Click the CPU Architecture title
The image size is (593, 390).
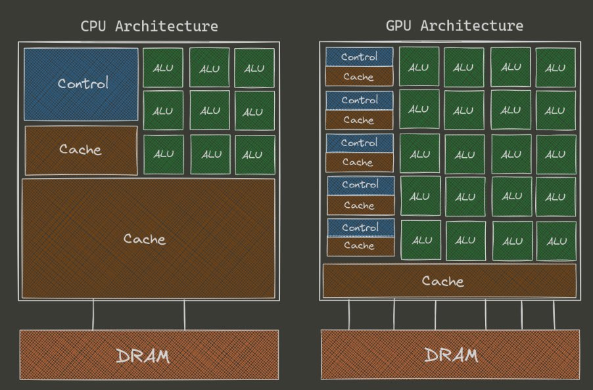pyautogui.click(x=149, y=26)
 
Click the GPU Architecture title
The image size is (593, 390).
pyautogui.click(x=454, y=26)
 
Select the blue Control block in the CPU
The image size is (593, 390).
pyautogui.click(x=82, y=84)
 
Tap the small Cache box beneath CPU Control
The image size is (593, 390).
pyautogui.click(x=81, y=150)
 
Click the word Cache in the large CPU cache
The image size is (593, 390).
pyautogui.click(x=145, y=239)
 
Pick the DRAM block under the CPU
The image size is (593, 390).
pyautogui.click(x=149, y=356)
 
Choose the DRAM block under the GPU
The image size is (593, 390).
pyautogui.click(x=450, y=356)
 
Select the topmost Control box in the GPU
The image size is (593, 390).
pyautogui.click(x=360, y=57)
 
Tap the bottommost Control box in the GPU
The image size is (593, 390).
pyautogui.click(x=360, y=228)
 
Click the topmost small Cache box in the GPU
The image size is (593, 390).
pyautogui.click(x=359, y=76)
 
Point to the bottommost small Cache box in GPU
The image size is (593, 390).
pyautogui.click(x=360, y=246)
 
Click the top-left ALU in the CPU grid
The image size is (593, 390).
pyautogui.click(x=163, y=68)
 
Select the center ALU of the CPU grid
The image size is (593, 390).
pyautogui.click(x=210, y=110)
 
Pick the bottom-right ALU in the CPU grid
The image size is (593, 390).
pyautogui.click(x=254, y=155)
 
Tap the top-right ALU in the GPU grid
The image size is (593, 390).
pyautogui.click(x=556, y=67)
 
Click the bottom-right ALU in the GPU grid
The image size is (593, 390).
pyautogui.click(x=556, y=241)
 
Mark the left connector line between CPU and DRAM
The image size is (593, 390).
pyautogui.click(x=93, y=314)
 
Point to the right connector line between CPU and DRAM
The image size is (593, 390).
pyautogui.click(x=185, y=314)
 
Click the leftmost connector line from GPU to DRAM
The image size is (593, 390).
pyautogui.click(x=349, y=315)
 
